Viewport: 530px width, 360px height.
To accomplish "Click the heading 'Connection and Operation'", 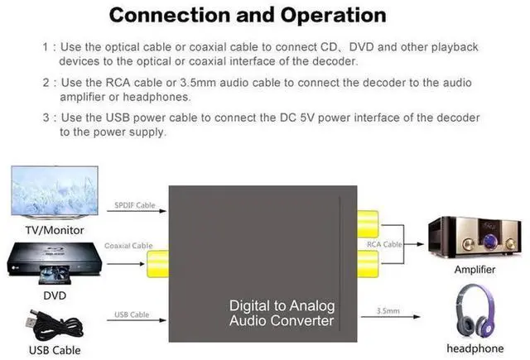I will (248, 15).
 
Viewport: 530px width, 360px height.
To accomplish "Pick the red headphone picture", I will (475, 312).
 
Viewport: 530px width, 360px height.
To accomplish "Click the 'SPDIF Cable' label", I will (133, 205).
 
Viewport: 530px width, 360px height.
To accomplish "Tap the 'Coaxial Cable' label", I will (128, 246).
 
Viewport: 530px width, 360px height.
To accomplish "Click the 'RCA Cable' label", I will (384, 244).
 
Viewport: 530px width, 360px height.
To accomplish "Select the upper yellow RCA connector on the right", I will (368, 223).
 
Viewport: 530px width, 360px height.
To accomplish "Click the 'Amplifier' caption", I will (475, 270).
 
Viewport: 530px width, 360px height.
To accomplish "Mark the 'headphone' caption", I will (475, 348).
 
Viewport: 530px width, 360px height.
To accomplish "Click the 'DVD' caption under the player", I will (55, 295).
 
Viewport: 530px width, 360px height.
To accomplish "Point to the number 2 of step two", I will (46, 84).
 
